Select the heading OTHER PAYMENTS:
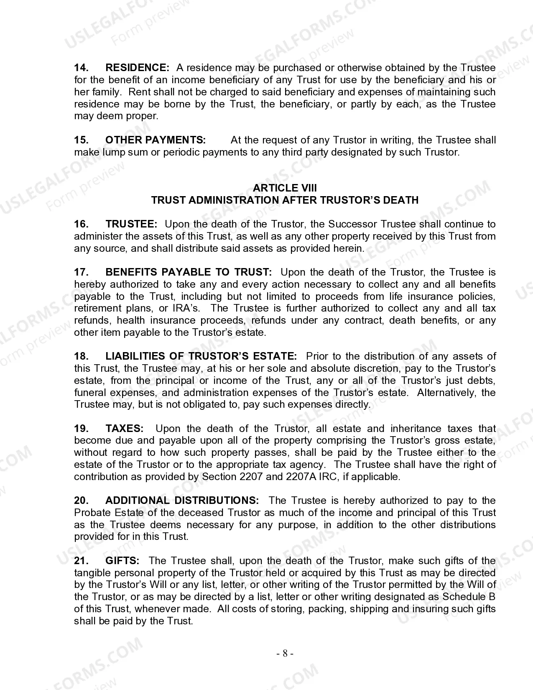click(x=155, y=140)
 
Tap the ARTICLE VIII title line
click(x=285, y=188)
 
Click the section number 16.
click(x=81, y=224)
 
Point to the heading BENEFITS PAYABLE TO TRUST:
click(x=188, y=272)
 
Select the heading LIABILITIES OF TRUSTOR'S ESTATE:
click(x=201, y=356)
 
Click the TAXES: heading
click(x=125, y=429)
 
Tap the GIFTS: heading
click(x=122, y=561)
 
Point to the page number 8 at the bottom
click(x=285, y=654)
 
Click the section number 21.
click(x=81, y=561)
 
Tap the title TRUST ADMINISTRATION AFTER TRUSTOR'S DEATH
click(x=285, y=200)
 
